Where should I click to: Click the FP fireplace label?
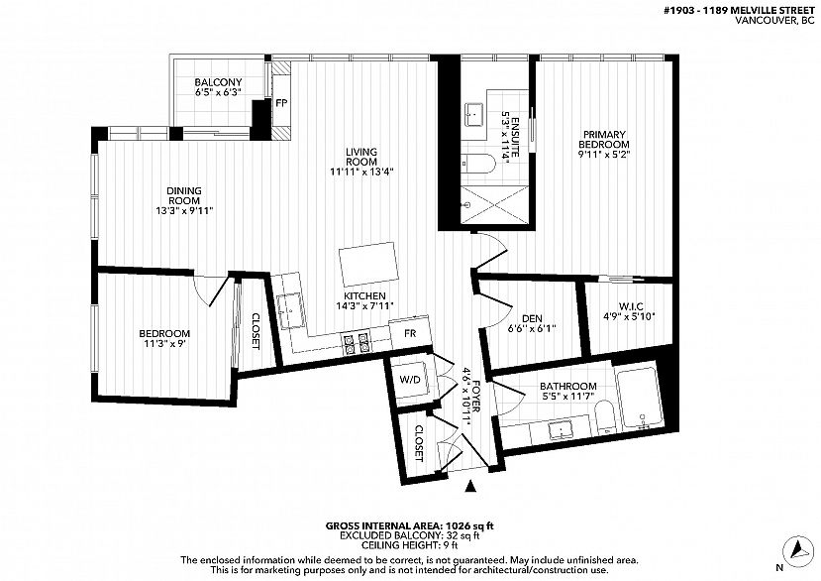pyautogui.click(x=281, y=103)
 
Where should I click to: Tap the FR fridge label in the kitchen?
pyautogui.click(x=410, y=333)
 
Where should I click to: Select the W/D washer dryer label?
pyautogui.click(x=410, y=379)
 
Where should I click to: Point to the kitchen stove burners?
pyautogui.click(x=357, y=342)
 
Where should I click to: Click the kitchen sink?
pyautogui.click(x=289, y=310)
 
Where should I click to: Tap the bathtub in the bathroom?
pyautogui.click(x=640, y=398)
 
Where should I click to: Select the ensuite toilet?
pyautogui.click(x=478, y=164)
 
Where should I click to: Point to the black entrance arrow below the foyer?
pyautogui.click(x=470, y=486)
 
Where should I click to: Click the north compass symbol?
pyautogui.click(x=797, y=549)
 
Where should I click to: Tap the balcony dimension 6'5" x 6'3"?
pyautogui.click(x=218, y=92)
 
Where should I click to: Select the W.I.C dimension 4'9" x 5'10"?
pyautogui.click(x=629, y=316)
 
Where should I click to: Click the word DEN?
pyautogui.click(x=532, y=318)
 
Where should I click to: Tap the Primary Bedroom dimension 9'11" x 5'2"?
pyautogui.click(x=604, y=154)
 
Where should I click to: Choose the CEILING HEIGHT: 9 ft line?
pyautogui.click(x=410, y=545)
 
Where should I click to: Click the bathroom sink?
pyautogui.click(x=562, y=430)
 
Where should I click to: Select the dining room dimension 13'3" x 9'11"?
pyautogui.click(x=184, y=211)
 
